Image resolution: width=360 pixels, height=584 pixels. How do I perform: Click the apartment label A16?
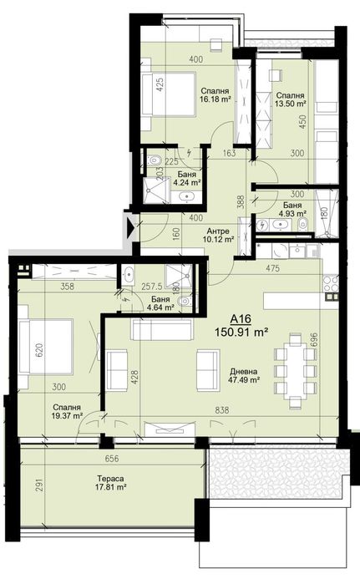(x=240, y=317)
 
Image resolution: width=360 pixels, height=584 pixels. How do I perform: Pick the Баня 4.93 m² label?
(x=292, y=209)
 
